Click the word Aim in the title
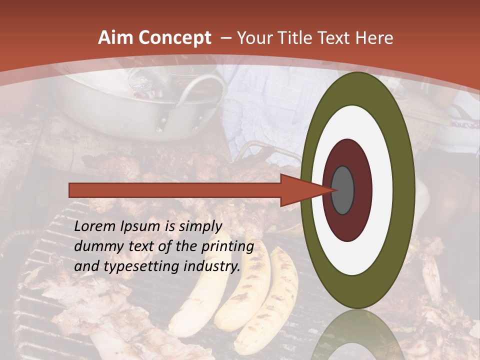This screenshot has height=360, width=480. pos(116,38)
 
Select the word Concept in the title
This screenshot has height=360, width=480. pos(174,38)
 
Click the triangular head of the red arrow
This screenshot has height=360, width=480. pos(300,190)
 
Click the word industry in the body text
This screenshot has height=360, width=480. pos(210,267)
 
